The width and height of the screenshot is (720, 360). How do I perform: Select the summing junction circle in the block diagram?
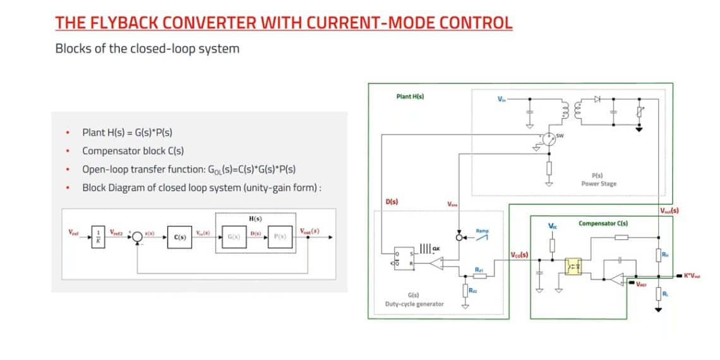point(136,237)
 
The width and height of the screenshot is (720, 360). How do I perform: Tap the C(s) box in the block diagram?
point(179,237)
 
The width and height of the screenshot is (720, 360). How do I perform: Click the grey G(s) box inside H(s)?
point(234,237)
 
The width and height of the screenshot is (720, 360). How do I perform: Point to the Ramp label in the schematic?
point(481,231)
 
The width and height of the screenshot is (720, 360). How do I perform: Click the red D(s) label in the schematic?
point(392,202)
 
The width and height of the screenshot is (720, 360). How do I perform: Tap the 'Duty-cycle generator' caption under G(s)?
point(414,304)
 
